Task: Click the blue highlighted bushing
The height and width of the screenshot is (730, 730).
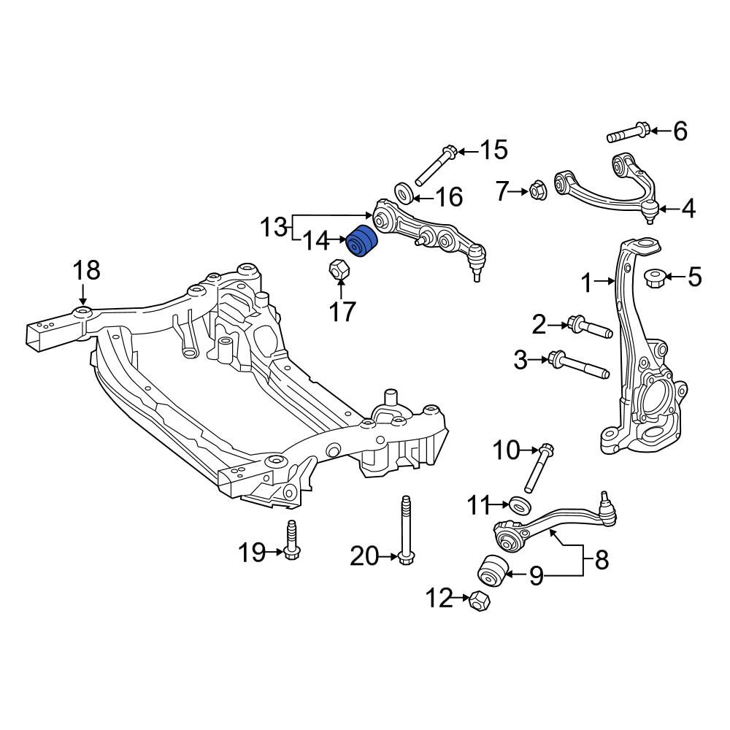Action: pos(363,241)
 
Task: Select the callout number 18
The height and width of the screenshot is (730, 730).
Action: pos(87,270)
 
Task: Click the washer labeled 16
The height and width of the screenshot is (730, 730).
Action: pos(403,193)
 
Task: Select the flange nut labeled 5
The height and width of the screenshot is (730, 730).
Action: pos(654,278)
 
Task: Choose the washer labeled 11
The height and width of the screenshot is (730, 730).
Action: pos(520,505)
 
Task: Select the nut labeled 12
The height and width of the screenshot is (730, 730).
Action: pos(479,600)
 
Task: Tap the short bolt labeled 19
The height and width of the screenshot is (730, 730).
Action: pos(292,539)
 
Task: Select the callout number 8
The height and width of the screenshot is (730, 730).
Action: pos(602,560)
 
